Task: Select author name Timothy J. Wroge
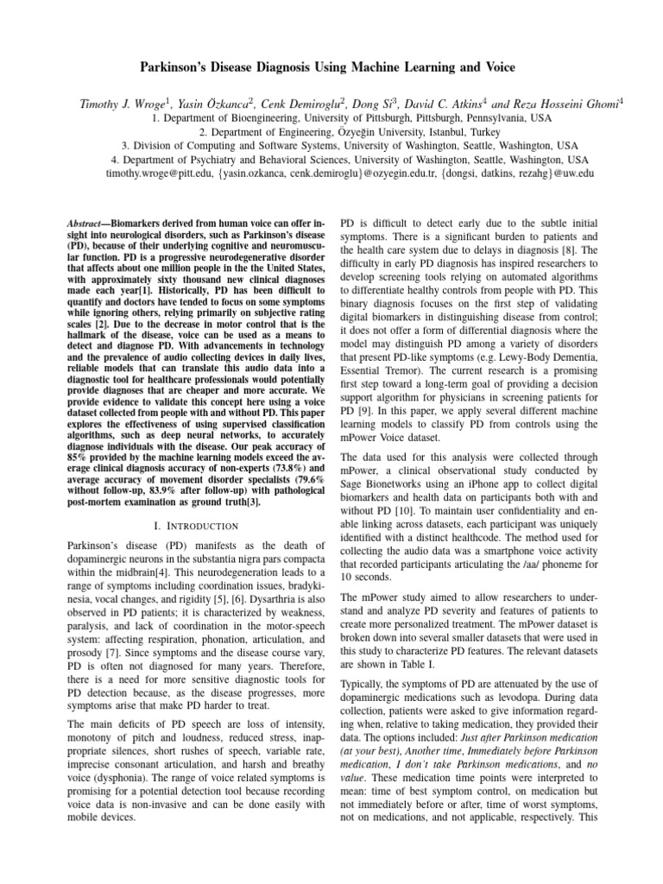click(119, 104)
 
